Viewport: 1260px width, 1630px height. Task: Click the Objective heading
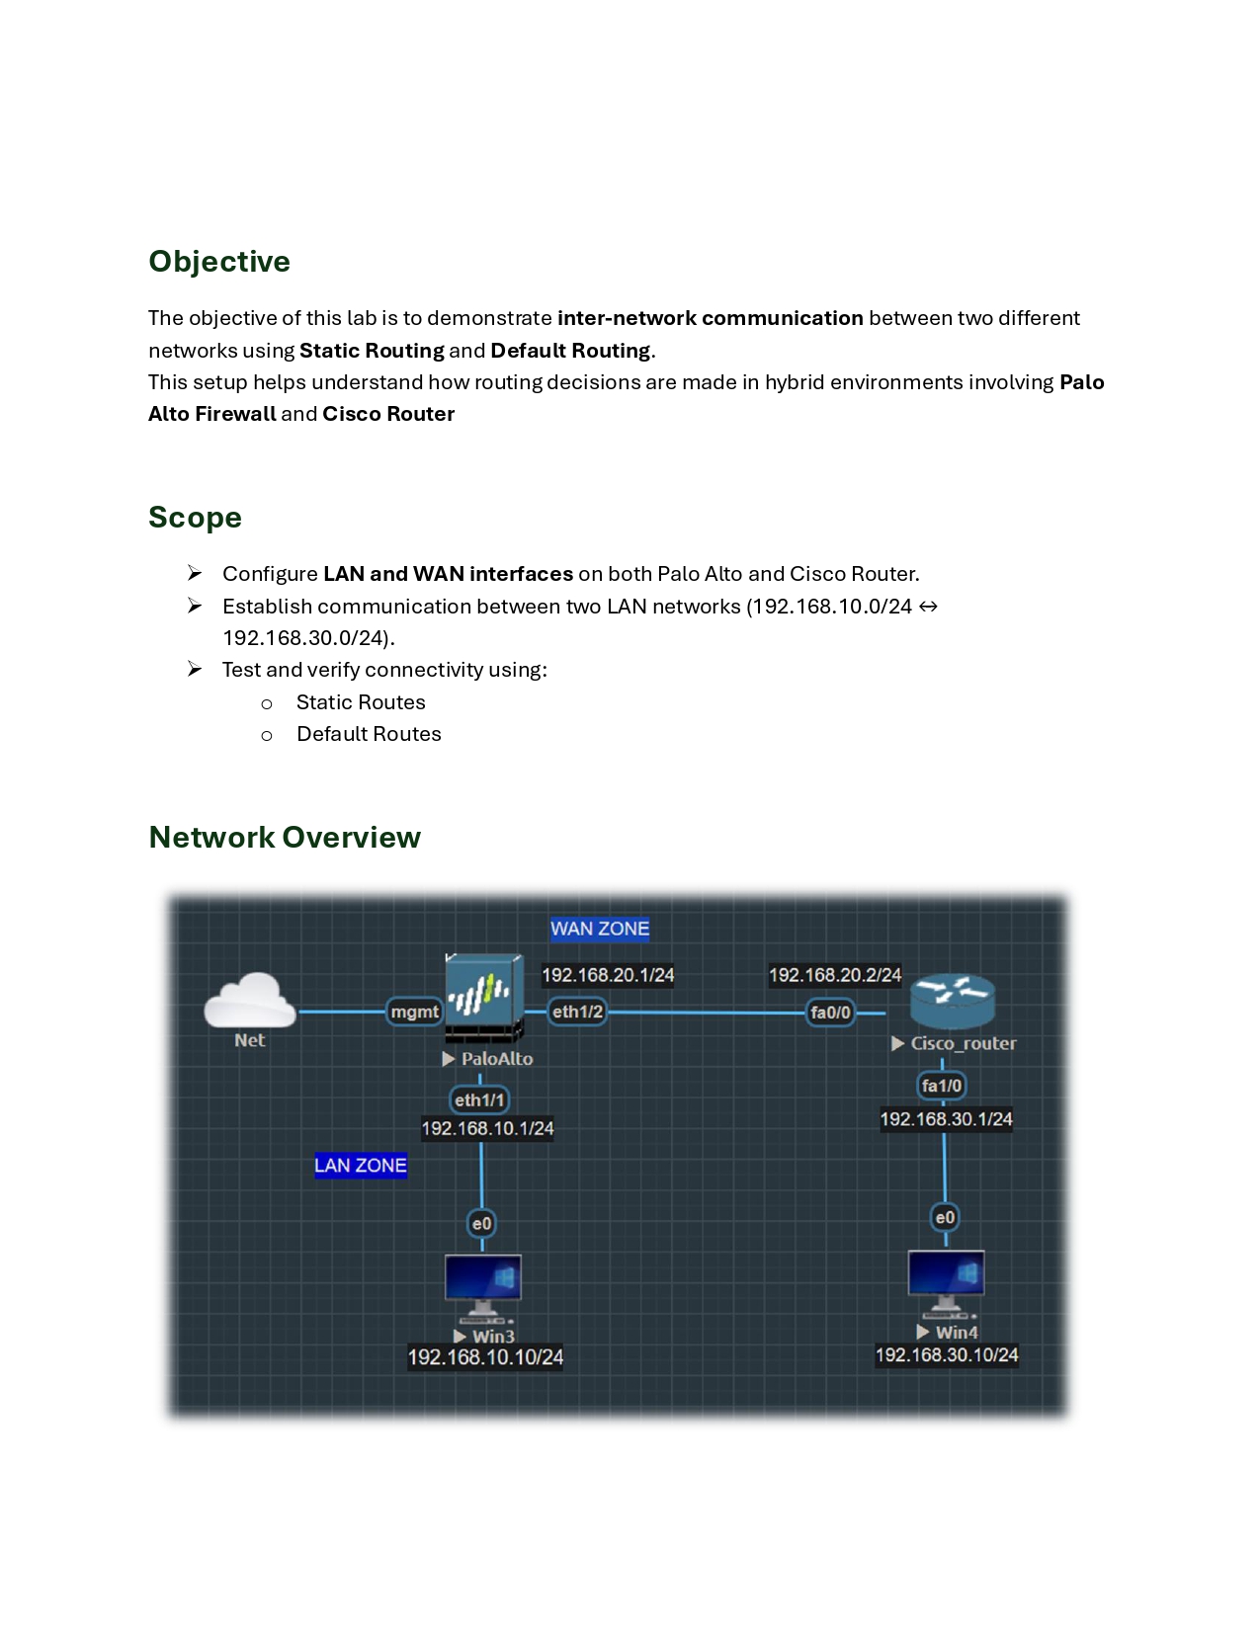coord(219,262)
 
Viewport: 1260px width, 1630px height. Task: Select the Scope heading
coord(195,518)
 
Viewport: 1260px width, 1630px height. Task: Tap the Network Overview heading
coord(285,837)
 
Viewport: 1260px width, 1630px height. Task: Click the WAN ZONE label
coord(600,929)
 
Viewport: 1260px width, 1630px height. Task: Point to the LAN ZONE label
coord(361,1165)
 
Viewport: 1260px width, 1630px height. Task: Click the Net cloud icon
coord(250,1000)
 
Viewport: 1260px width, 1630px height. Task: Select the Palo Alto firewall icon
coord(484,998)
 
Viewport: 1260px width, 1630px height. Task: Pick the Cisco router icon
coord(953,1002)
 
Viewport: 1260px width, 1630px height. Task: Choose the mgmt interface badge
coord(414,1012)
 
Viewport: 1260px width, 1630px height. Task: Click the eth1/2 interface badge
coord(577,1012)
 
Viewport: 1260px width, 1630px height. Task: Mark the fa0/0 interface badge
coord(830,1013)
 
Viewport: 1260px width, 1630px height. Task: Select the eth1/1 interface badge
coord(479,1100)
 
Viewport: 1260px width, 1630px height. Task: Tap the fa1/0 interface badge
coord(941,1086)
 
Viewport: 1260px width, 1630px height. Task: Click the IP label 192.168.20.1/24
coord(608,975)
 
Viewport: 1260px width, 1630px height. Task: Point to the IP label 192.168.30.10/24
coord(947,1354)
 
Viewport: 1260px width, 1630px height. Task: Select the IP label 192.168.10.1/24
coord(488,1128)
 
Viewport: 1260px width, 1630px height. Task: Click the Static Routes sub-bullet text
coord(361,702)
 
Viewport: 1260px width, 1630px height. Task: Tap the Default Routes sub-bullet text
coord(370,734)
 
